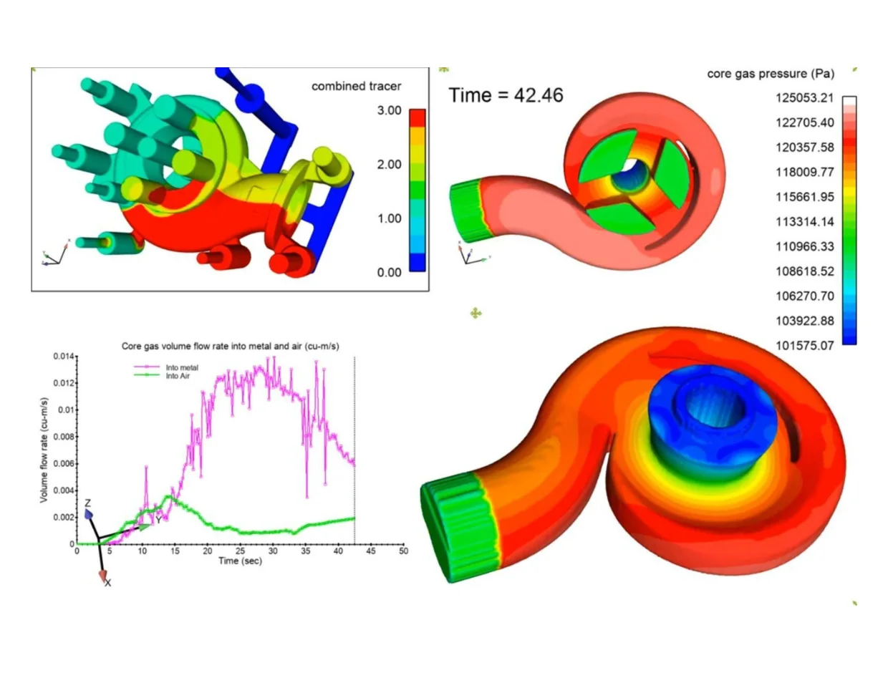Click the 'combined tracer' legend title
[x=356, y=86]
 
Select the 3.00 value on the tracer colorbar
[x=389, y=110]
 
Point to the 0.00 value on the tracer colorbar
[x=389, y=272]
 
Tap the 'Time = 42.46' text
[x=506, y=95]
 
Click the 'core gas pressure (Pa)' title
[x=771, y=74]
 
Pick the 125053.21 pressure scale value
[x=804, y=98]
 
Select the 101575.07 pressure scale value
[x=804, y=345]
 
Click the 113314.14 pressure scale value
[x=804, y=222]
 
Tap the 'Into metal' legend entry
[x=166, y=367]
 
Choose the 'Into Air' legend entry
[x=162, y=376]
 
